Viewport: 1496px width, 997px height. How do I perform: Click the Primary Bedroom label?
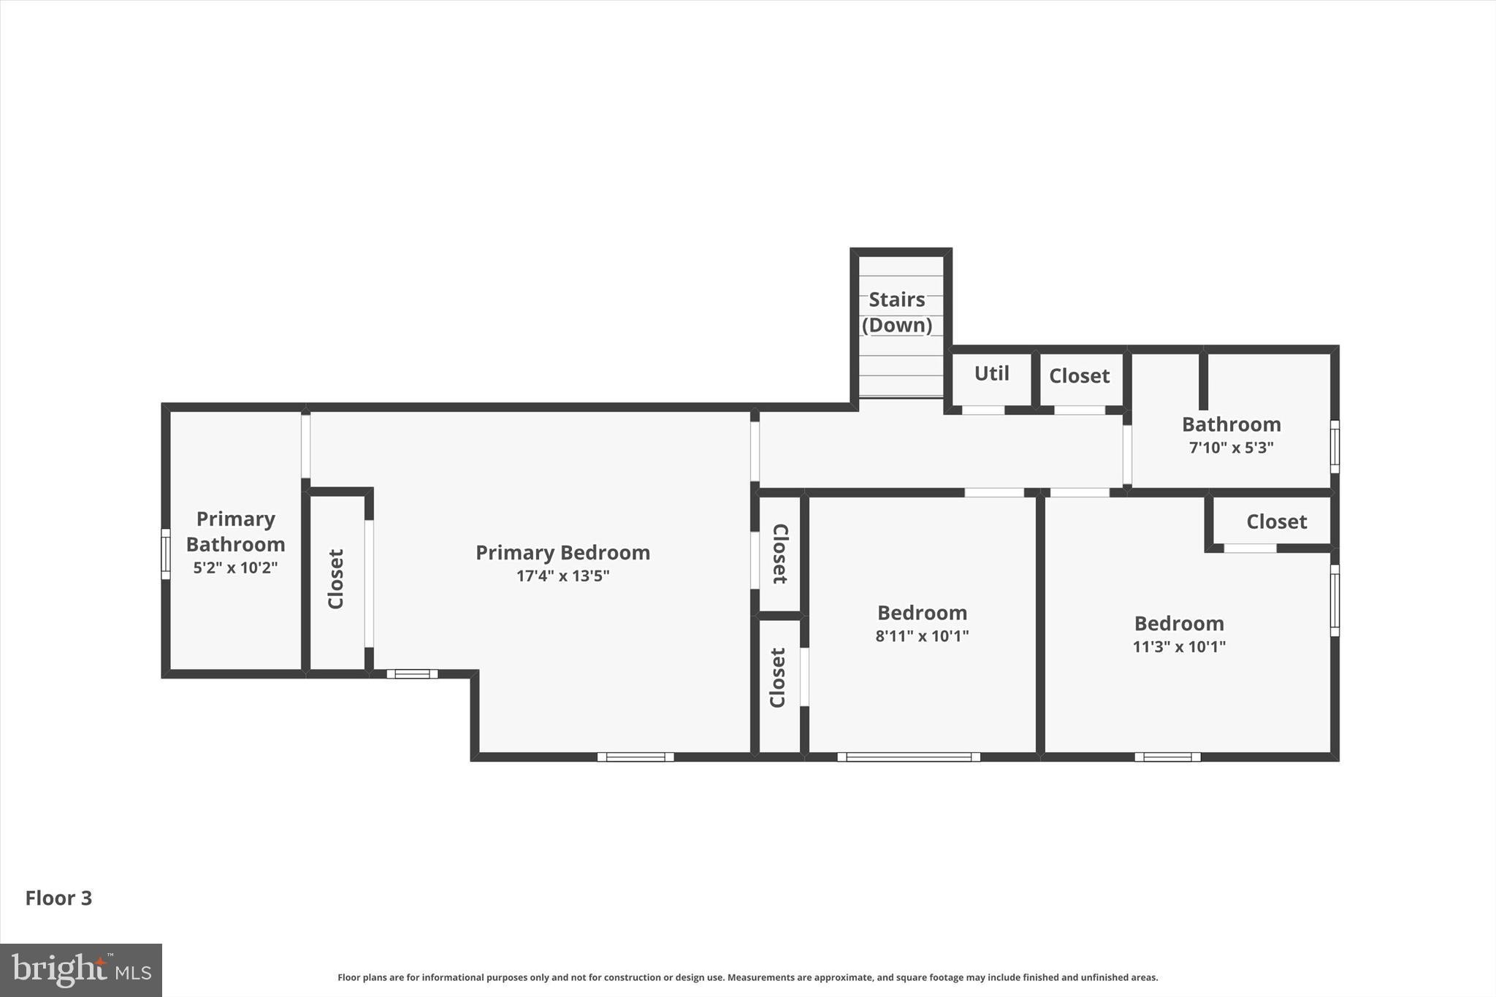pyautogui.click(x=562, y=552)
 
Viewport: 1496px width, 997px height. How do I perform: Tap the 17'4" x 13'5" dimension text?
pyautogui.click(x=562, y=576)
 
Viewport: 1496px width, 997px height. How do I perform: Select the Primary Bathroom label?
pyautogui.click(x=235, y=531)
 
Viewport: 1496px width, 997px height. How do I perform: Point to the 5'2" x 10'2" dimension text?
pyautogui.click(x=235, y=568)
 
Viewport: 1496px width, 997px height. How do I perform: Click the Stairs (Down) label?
pyautogui.click(x=897, y=312)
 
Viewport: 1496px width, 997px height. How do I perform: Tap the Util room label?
pyautogui.click(x=991, y=373)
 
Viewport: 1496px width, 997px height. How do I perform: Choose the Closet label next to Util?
pyautogui.click(x=1079, y=375)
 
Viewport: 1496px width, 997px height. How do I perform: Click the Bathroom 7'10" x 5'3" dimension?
pyautogui.click(x=1231, y=447)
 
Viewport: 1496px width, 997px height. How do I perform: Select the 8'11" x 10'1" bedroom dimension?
pyautogui.click(x=922, y=635)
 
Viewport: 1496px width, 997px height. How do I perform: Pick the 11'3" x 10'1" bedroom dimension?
pyautogui.click(x=1179, y=646)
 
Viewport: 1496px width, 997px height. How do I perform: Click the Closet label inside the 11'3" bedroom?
pyautogui.click(x=1276, y=522)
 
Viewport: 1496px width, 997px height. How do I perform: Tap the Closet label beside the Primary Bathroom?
pyautogui.click(x=335, y=579)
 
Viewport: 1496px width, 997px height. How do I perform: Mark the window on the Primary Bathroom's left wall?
pyautogui.click(x=166, y=554)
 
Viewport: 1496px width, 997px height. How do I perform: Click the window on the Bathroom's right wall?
pyautogui.click(x=1335, y=446)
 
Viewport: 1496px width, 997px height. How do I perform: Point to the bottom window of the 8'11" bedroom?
pyautogui.click(x=908, y=757)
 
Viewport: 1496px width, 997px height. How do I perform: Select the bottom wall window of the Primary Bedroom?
pyautogui.click(x=636, y=757)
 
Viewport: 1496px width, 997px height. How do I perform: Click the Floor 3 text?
pyautogui.click(x=58, y=898)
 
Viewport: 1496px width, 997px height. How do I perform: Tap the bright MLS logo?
pyautogui.click(x=80, y=970)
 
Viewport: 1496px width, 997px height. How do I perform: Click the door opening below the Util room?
pyautogui.click(x=982, y=410)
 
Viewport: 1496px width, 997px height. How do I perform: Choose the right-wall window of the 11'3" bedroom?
pyautogui.click(x=1335, y=600)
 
